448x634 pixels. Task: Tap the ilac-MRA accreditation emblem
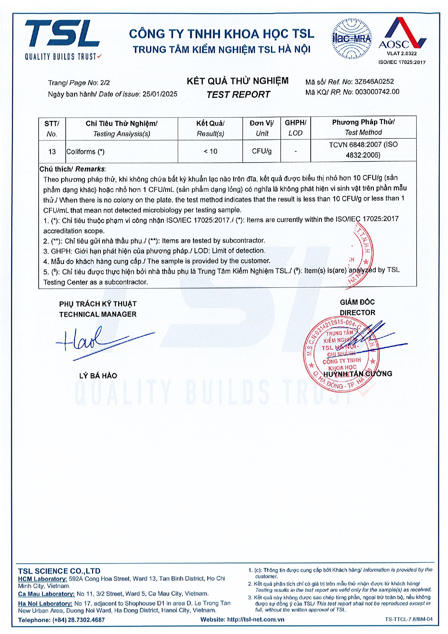[351, 39]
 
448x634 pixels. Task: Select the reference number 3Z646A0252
[374, 82]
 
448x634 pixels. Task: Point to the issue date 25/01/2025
[160, 94]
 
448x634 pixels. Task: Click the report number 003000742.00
[377, 92]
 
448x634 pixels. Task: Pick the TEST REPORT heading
[238, 95]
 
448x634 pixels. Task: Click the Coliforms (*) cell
[85, 152]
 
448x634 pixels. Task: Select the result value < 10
[210, 151]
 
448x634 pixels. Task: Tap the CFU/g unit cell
[262, 151]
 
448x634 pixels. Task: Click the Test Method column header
[363, 128]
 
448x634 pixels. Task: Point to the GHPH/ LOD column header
[295, 128]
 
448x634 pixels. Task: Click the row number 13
[52, 152]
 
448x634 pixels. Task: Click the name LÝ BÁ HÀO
[98, 376]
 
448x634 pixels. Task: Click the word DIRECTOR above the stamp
[357, 312]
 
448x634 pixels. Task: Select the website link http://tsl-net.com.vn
[256, 619]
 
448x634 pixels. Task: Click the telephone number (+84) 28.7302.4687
[79, 620]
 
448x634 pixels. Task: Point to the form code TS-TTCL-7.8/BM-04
[408, 619]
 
